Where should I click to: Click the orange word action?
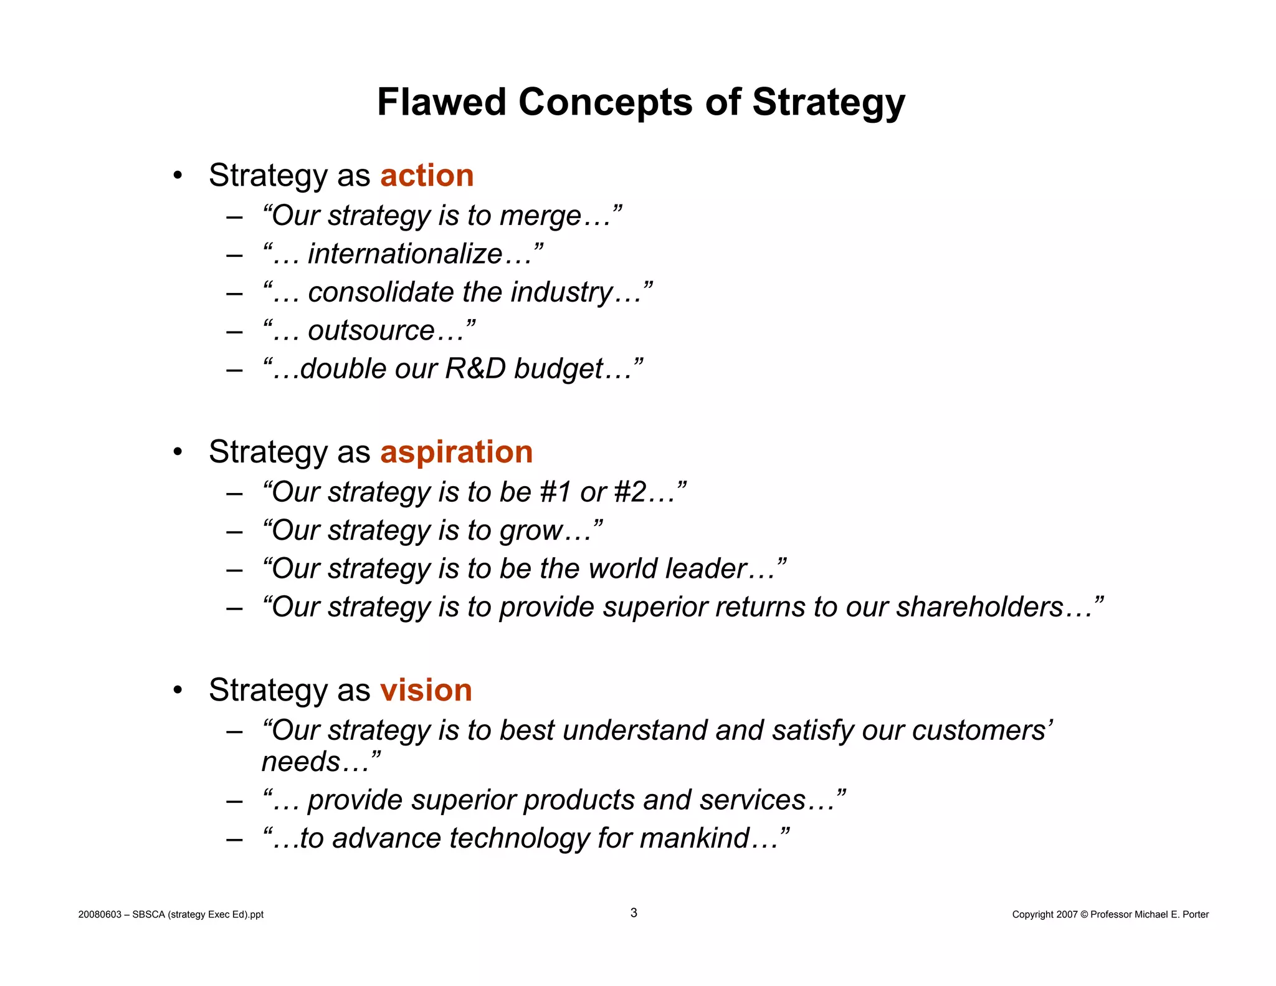427,175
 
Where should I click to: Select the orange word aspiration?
456,452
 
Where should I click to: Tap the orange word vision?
426,690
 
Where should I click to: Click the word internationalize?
405,254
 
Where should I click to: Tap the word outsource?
371,330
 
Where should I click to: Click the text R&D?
475,369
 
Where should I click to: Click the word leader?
706,568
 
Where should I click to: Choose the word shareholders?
979,607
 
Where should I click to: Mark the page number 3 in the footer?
634,913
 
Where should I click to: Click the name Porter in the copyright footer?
1195,914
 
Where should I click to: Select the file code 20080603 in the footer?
100,914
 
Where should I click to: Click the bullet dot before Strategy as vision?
178,690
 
